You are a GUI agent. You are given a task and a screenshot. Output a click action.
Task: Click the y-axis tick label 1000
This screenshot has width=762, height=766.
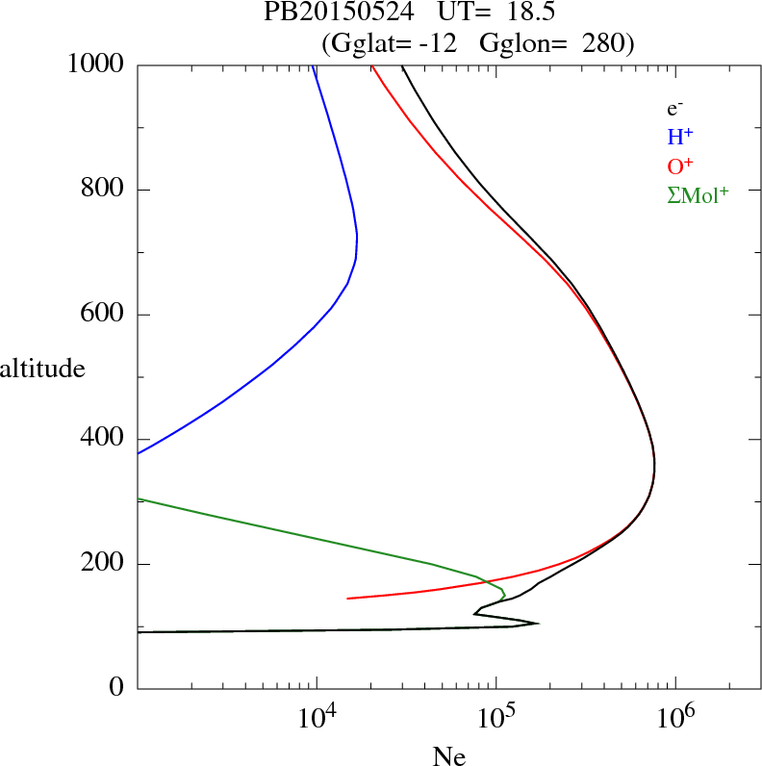[97, 64]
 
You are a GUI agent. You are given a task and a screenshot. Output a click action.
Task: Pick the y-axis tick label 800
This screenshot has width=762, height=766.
[105, 190]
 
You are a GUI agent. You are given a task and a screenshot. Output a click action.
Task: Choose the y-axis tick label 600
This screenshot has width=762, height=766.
[105, 315]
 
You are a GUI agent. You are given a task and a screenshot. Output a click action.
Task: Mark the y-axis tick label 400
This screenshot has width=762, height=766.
[105, 439]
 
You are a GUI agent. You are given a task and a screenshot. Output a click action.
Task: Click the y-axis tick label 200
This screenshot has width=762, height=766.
[105, 564]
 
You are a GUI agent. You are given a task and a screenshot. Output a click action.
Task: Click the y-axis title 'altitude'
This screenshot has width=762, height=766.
[42, 368]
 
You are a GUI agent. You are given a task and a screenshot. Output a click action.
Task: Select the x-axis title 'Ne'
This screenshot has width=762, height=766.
[447, 756]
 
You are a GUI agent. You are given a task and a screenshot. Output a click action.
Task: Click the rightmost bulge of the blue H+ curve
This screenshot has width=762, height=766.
[357, 236]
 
